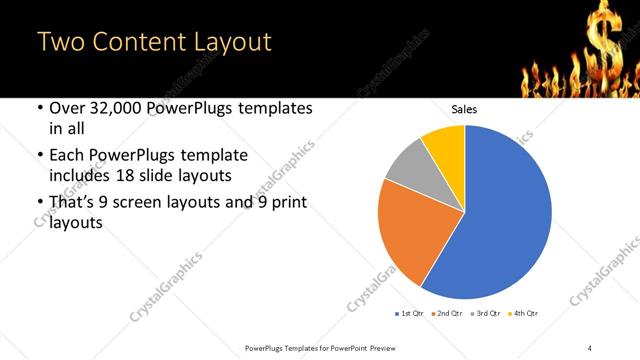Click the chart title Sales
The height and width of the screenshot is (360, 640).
point(464,109)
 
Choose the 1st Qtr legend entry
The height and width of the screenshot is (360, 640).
point(410,314)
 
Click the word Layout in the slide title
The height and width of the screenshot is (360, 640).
point(229,43)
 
